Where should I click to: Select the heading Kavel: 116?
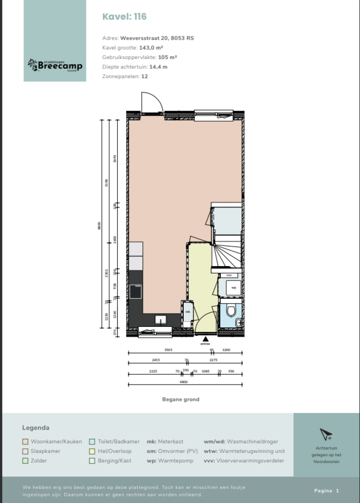pyautogui.click(x=124, y=17)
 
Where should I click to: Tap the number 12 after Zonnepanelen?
pyautogui.click(x=144, y=76)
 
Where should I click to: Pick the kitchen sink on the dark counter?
pyautogui.click(x=161, y=320)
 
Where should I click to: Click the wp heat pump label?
pyautogui.click(x=233, y=288)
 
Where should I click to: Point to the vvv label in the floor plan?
pyautogui.click(x=229, y=275)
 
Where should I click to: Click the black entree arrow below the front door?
pyautogui.click(x=204, y=339)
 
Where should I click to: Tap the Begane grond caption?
pyautogui.click(x=180, y=399)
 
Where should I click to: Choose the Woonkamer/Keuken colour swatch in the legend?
pyautogui.click(x=25, y=442)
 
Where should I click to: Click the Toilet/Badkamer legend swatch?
pyautogui.click(x=92, y=442)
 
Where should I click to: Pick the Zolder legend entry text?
pyautogui.click(x=38, y=460)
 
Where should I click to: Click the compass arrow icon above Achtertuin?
pyautogui.click(x=326, y=434)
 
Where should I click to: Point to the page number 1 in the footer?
pyautogui.click(x=337, y=490)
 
